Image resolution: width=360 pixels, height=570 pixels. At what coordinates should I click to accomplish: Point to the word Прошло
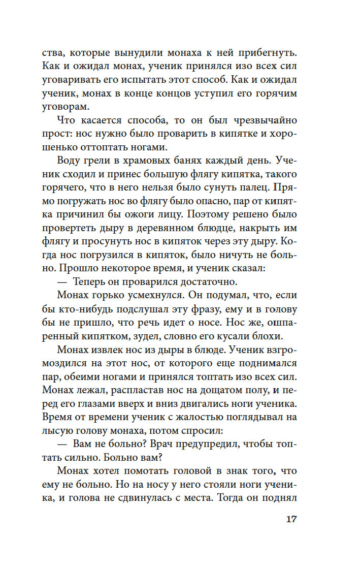point(84,270)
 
